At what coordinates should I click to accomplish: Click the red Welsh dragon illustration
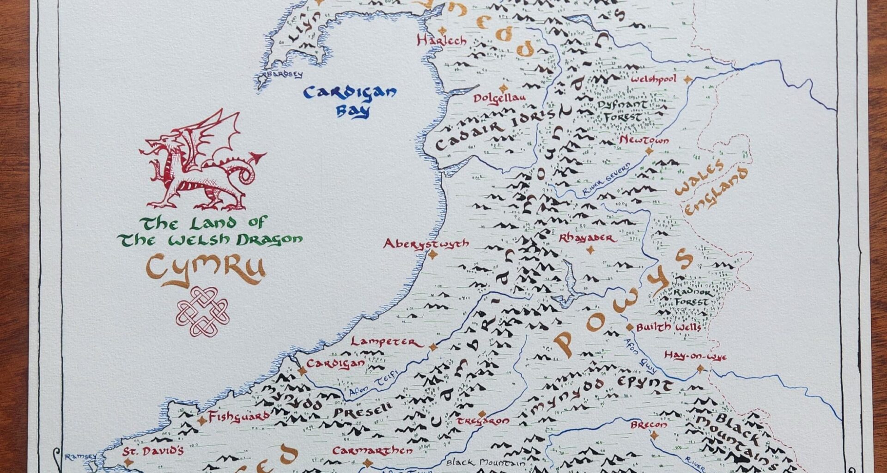[201, 162]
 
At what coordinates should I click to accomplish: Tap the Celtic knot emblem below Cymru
[202, 311]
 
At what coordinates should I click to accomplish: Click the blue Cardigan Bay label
[350, 101]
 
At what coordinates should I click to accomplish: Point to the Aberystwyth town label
[425, 244]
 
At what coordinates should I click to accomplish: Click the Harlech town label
[442, 41]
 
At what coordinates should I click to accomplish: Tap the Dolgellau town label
[499, 98]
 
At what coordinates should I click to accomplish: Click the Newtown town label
[644, 140]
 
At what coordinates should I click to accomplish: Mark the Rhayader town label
[587, 238]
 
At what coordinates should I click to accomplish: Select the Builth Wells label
[668, 327]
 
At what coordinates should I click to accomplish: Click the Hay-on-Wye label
[695, 356]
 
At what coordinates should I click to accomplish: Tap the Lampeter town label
[387, 342]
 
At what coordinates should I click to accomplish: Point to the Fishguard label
[238, 417]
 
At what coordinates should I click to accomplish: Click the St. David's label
[153, 451]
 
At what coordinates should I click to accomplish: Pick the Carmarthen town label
[372, 451]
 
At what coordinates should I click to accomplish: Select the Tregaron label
[483, 421]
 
